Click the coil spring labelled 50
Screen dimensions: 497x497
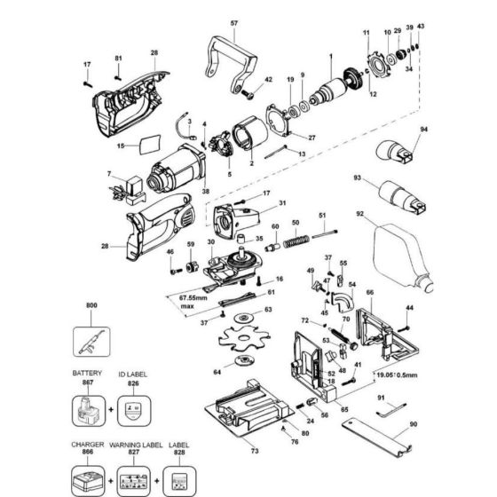click(x=297, y=240)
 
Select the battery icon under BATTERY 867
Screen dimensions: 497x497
click(x=91, y=414)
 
